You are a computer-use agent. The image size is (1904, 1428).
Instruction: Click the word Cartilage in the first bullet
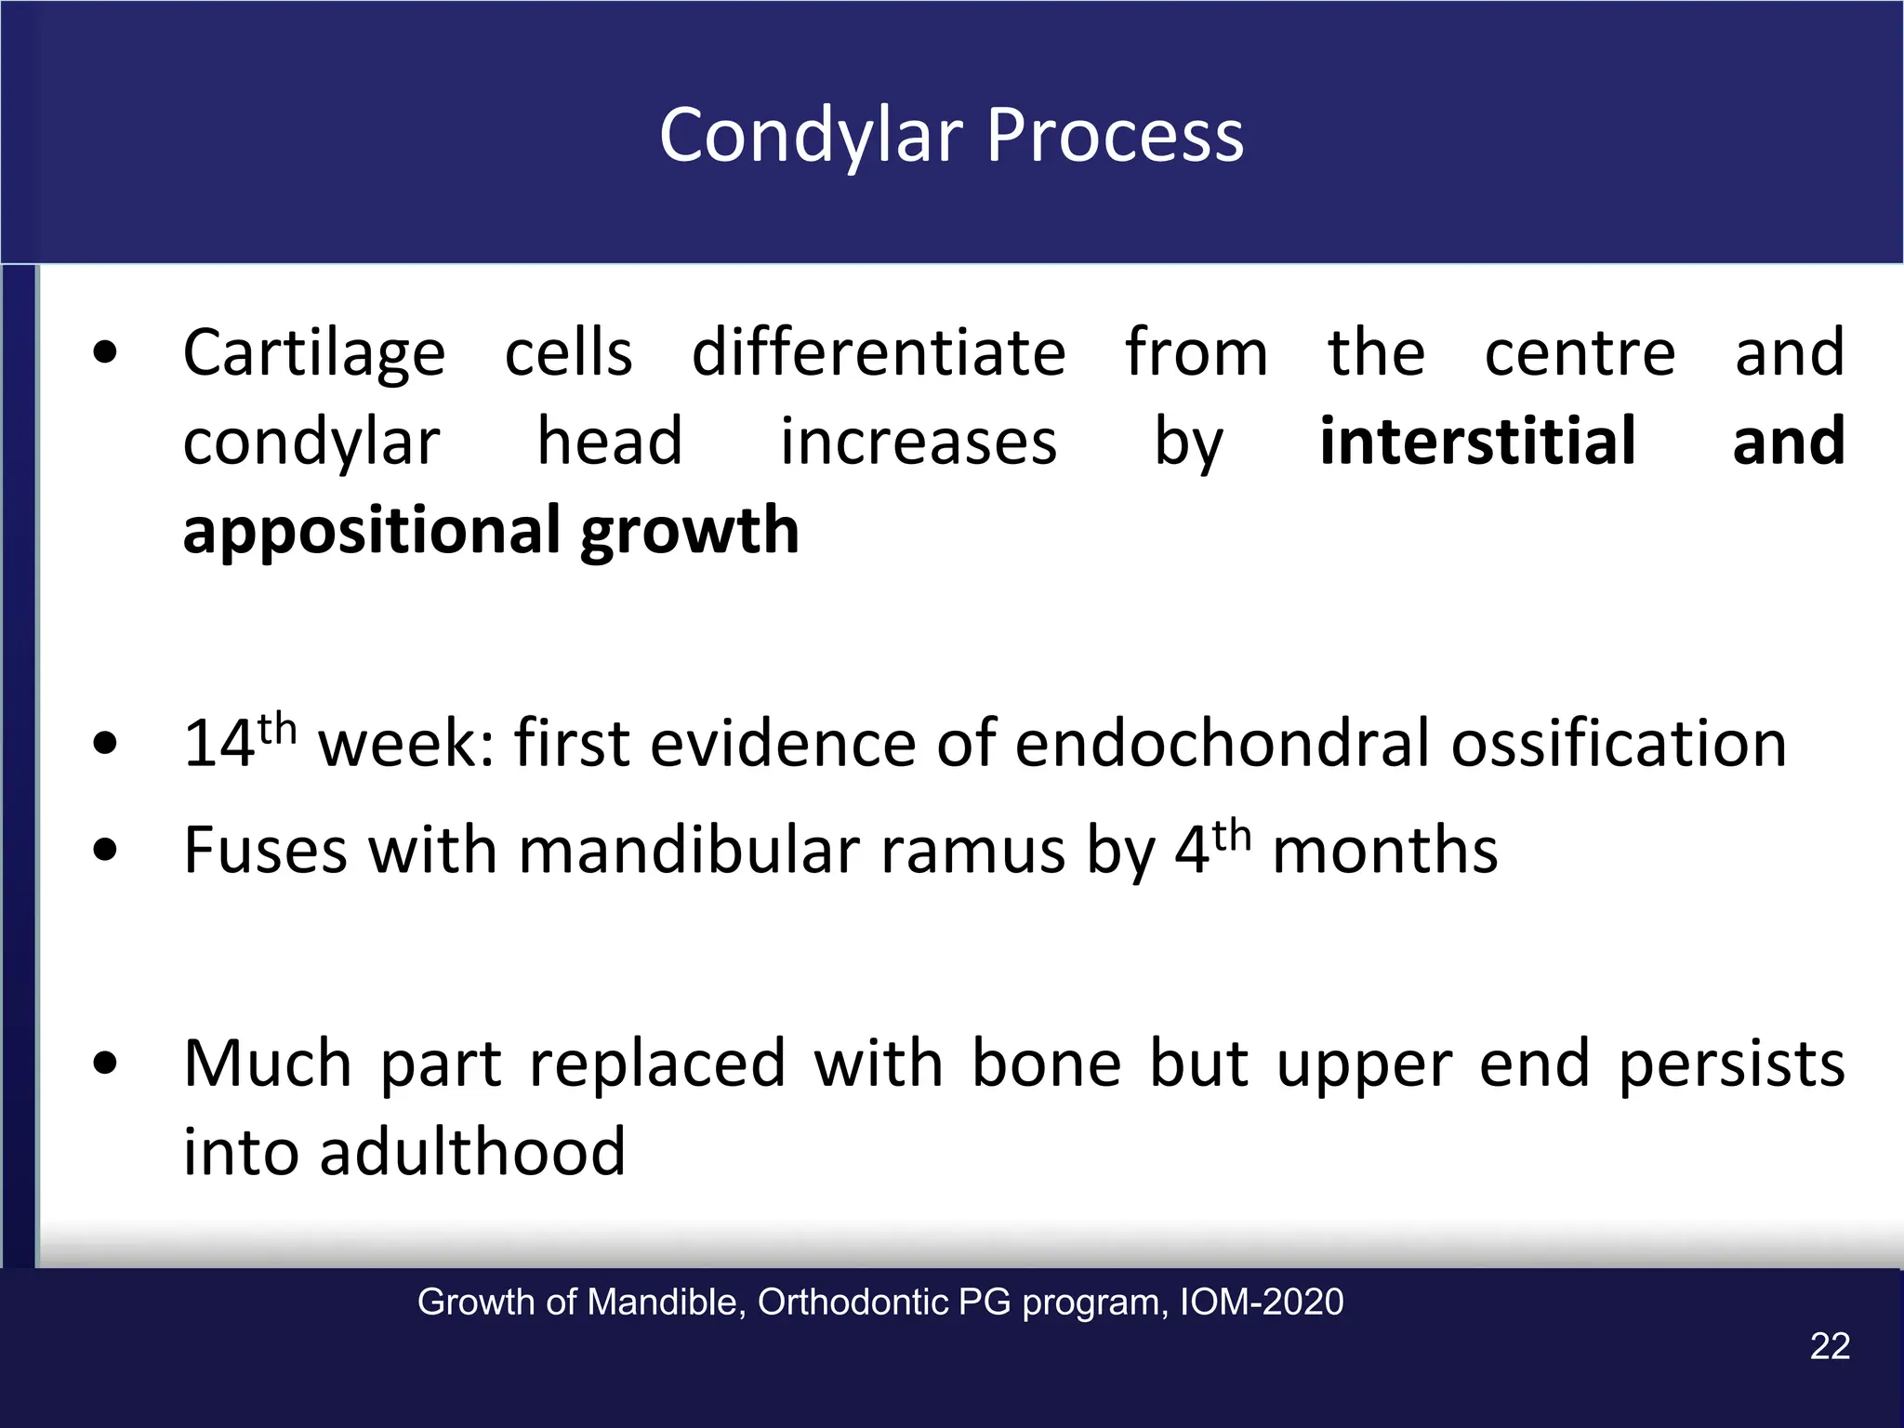pos(314,354)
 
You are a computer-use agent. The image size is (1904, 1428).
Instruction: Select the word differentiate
pos(879,354)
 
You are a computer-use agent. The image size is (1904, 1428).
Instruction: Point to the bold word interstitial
pos(1477,442)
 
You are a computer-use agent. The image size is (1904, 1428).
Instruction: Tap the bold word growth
pos(689,532)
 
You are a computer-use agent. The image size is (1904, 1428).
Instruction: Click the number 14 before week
pos(218,745)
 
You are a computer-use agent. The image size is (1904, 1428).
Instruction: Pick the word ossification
pos(1619,745)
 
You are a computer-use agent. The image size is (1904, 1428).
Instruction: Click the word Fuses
pos(265,851)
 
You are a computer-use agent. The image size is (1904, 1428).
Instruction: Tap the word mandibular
pos(687,851)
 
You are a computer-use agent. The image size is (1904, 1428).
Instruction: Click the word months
pos(1384,851)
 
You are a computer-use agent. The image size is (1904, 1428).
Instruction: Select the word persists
pos(1731,1064)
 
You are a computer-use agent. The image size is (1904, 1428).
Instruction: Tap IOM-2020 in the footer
pos(1261,1302)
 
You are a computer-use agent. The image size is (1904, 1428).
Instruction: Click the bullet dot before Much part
pos(105,1063)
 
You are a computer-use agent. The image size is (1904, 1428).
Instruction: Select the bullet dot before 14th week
pos(105,743)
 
